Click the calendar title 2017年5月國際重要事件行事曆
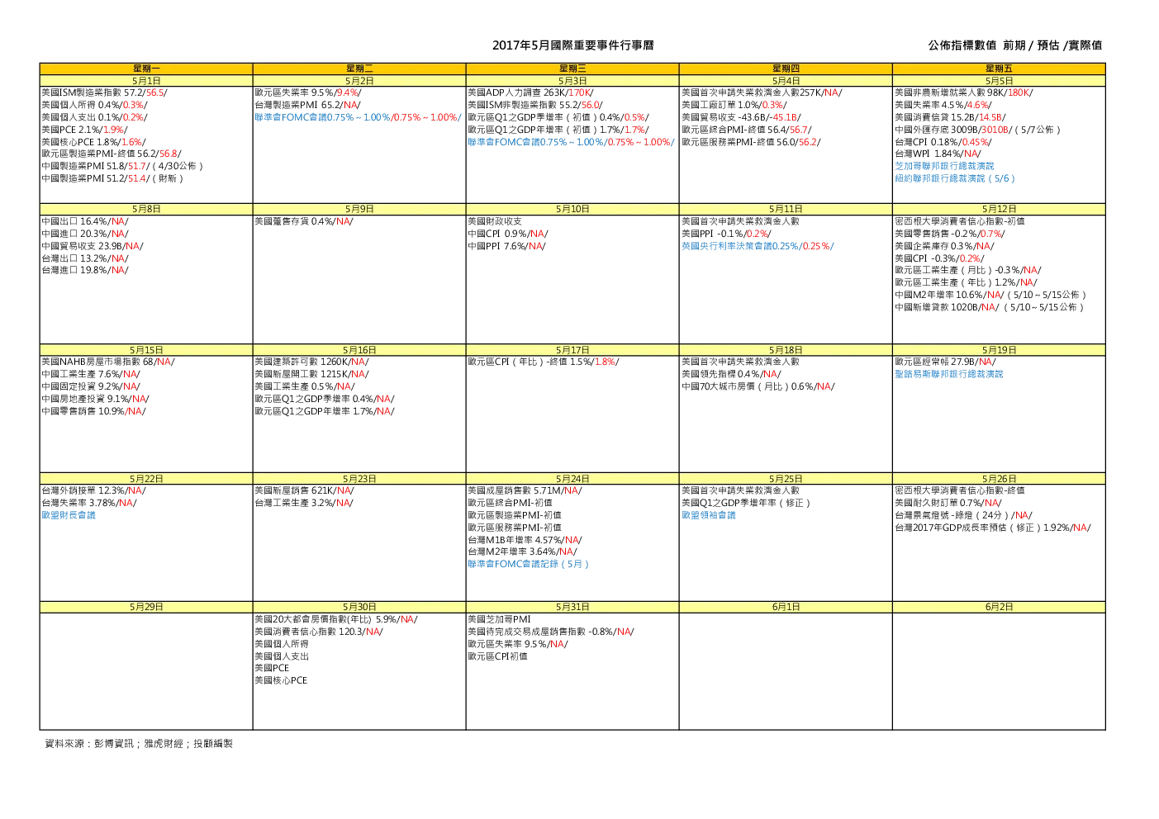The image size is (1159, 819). click(x=572, y=45)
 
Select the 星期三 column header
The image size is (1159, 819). click(x=572, y=69)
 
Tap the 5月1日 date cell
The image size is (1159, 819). click(x=146, y=81)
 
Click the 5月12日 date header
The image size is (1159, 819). click(x=999, y=209)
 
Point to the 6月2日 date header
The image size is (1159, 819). click(x=999, y=607)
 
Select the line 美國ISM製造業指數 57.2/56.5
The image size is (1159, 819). click(x=105, y=92)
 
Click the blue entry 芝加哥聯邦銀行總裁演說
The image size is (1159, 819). click(x=944, y=166)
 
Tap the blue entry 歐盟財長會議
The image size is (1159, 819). click(x=69, y=515)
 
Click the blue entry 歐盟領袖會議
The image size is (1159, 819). click(x=708, y=515)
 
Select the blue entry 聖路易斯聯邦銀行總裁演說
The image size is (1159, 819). click(x=949, y=374)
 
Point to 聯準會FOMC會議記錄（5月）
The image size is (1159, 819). click(x=528, y=564)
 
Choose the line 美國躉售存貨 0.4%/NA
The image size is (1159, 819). click(x=304, y=221)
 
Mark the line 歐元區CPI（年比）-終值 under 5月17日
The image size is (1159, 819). click(x=544, y=362)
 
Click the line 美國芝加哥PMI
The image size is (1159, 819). click(x=499, y=619)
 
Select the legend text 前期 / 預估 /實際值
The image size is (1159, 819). click(x=1052, y=45)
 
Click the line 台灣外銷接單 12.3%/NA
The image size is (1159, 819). click(x=93, y=490)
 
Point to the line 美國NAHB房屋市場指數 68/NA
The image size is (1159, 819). click(x=108, y=362)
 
